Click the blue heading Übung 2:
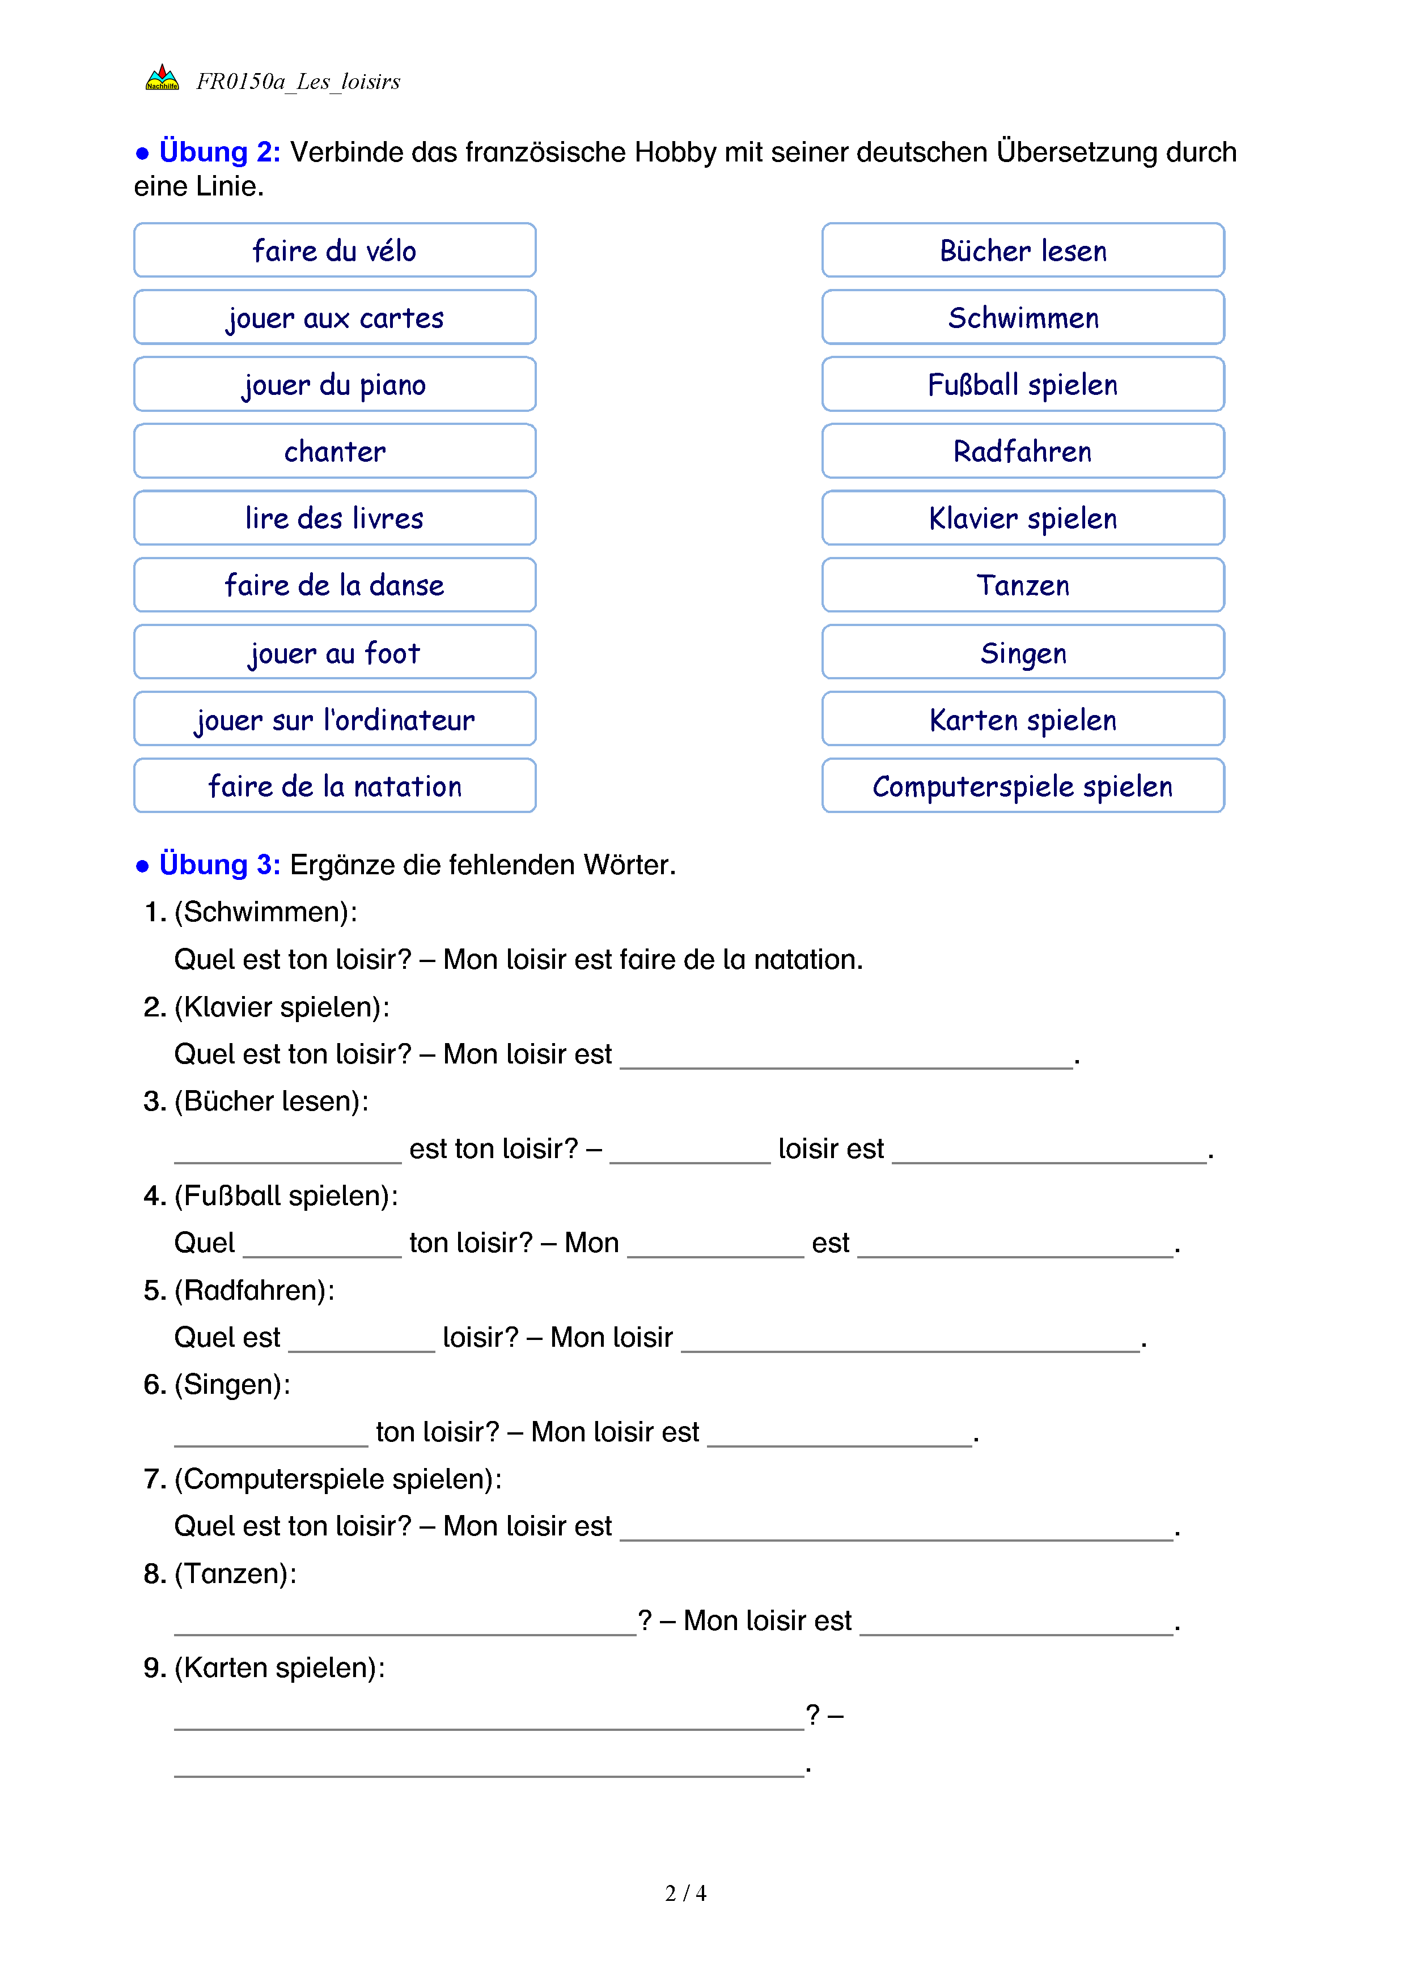tap(219, 152)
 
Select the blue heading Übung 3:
tap(219, 865)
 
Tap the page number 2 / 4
tap(685, 1894)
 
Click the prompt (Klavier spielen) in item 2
tap(281, 1007)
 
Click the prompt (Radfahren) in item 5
tap(253, 1290)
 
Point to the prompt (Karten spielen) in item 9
tap(279, 1667)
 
